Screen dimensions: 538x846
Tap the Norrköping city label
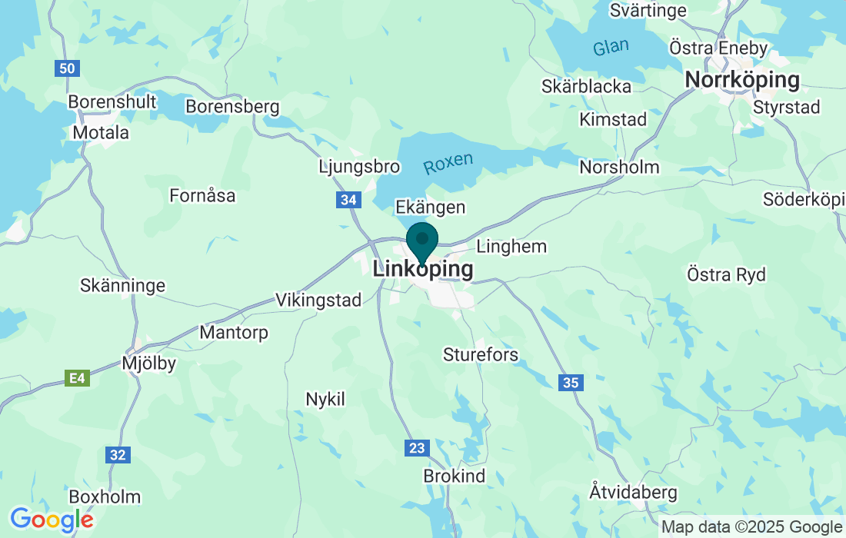tap(741, 80)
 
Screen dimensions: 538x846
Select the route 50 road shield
tap(68, 68)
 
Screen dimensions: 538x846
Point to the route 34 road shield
tap(349, 200)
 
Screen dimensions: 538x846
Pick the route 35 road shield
tap(570, 382)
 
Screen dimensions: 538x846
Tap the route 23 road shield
tap(416, 447)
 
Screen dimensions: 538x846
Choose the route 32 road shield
tap(117, 455)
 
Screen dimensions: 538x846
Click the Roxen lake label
tap(448, 163)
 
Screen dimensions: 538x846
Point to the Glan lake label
tap(611, 48)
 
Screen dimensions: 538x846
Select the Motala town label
tap(101, 132)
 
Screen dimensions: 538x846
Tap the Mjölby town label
tap(149, 363)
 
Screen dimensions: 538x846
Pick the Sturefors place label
tap(481, 354)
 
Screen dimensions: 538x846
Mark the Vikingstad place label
tap(318, 300)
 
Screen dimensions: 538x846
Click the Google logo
tap(51, 520)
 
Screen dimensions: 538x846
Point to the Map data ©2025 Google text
tap(751, 527)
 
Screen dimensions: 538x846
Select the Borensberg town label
tap(232, 106)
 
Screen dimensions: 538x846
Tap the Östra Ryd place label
tap(726, 274)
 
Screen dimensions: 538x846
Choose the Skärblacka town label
tap(586, 86)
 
